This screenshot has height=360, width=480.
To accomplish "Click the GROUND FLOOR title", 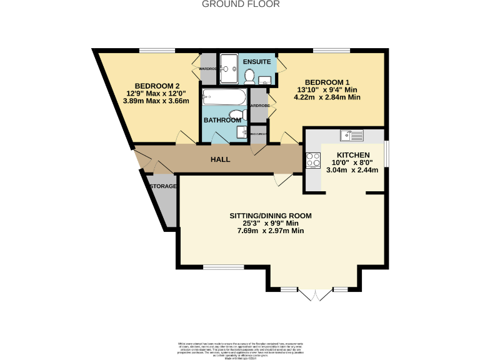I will pos(241,4).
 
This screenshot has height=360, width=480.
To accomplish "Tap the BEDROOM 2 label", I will pos(157,86).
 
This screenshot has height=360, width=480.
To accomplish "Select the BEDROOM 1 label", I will pos(327,82).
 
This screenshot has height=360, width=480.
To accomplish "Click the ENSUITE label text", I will pos(256,62).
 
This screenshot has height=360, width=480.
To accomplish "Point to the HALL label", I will pos(220,159).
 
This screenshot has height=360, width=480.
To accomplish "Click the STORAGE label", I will pos(162,186).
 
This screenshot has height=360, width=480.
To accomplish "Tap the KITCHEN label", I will pos(353,155).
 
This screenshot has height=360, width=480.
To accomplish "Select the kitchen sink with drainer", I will pos(352,134).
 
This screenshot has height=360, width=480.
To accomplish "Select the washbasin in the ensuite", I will pos(265,79).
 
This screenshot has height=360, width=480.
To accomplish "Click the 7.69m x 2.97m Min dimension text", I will pos(270,231).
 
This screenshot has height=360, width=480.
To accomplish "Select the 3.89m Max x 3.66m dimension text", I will pos(157,101).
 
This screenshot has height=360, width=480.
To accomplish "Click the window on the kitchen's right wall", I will pos(385,154).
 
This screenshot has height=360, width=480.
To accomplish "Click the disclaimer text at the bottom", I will pos(240,349).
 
